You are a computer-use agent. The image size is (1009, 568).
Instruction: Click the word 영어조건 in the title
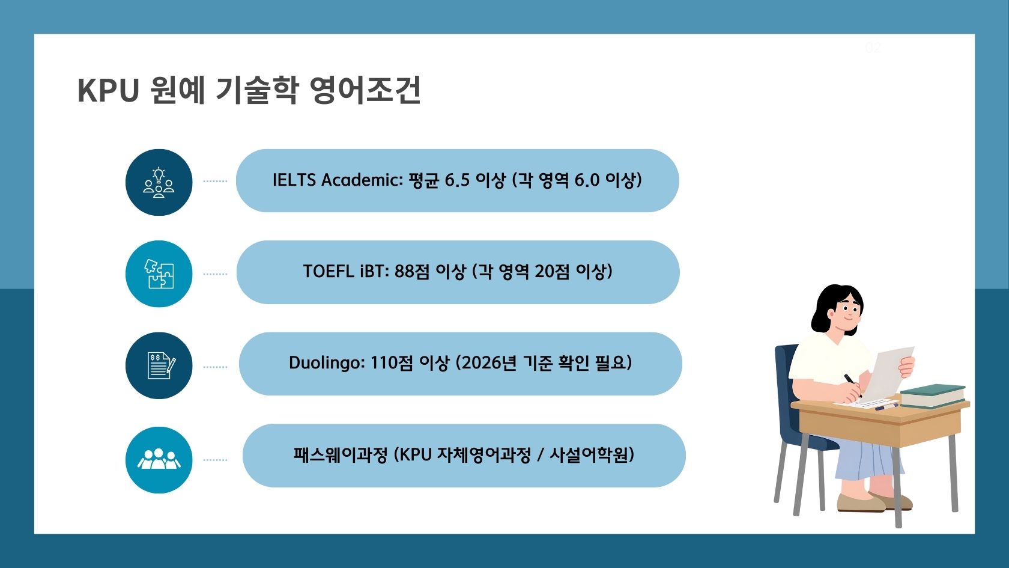[365, 91]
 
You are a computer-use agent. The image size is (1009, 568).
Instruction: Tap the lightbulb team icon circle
[159, 182]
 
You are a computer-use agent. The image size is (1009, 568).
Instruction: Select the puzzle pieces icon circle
[159, 274]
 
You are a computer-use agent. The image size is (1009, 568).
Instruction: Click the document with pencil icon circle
[159, 365]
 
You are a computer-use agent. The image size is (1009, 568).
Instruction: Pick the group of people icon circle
[159, 460]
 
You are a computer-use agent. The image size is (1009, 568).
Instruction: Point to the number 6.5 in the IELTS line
[457, 180]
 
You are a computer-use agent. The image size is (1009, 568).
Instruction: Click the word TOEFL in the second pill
[329, 272]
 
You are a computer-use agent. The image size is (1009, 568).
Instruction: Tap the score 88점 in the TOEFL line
[412, 272]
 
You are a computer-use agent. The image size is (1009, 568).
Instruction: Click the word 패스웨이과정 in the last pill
[341, 455]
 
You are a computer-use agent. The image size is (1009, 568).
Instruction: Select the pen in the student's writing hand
[852, 384]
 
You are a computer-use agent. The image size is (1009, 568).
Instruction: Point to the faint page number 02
[873, 47]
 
